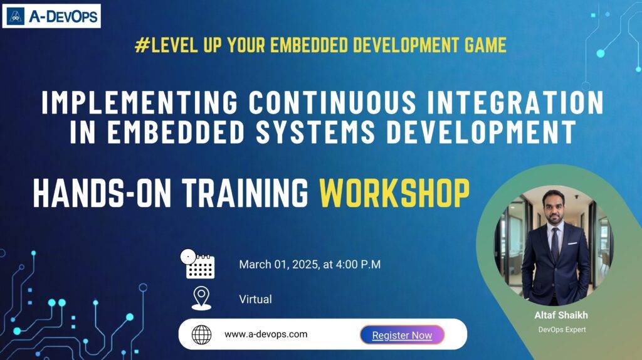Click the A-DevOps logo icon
coord(16,16)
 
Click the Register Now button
coord(402,335)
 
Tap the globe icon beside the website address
coord(201,335)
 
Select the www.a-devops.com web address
coord(266,334)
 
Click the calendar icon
coord(197,264)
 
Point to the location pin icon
coord(201,298)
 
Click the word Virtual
coord(256,299)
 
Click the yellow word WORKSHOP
coord(394,193)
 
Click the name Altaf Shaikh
coord(561,315)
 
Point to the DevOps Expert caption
coord(562,329)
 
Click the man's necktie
coord(555,244)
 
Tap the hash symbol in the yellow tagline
coord(142,45)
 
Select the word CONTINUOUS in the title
coord(332,102)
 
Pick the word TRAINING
coord(245,193)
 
